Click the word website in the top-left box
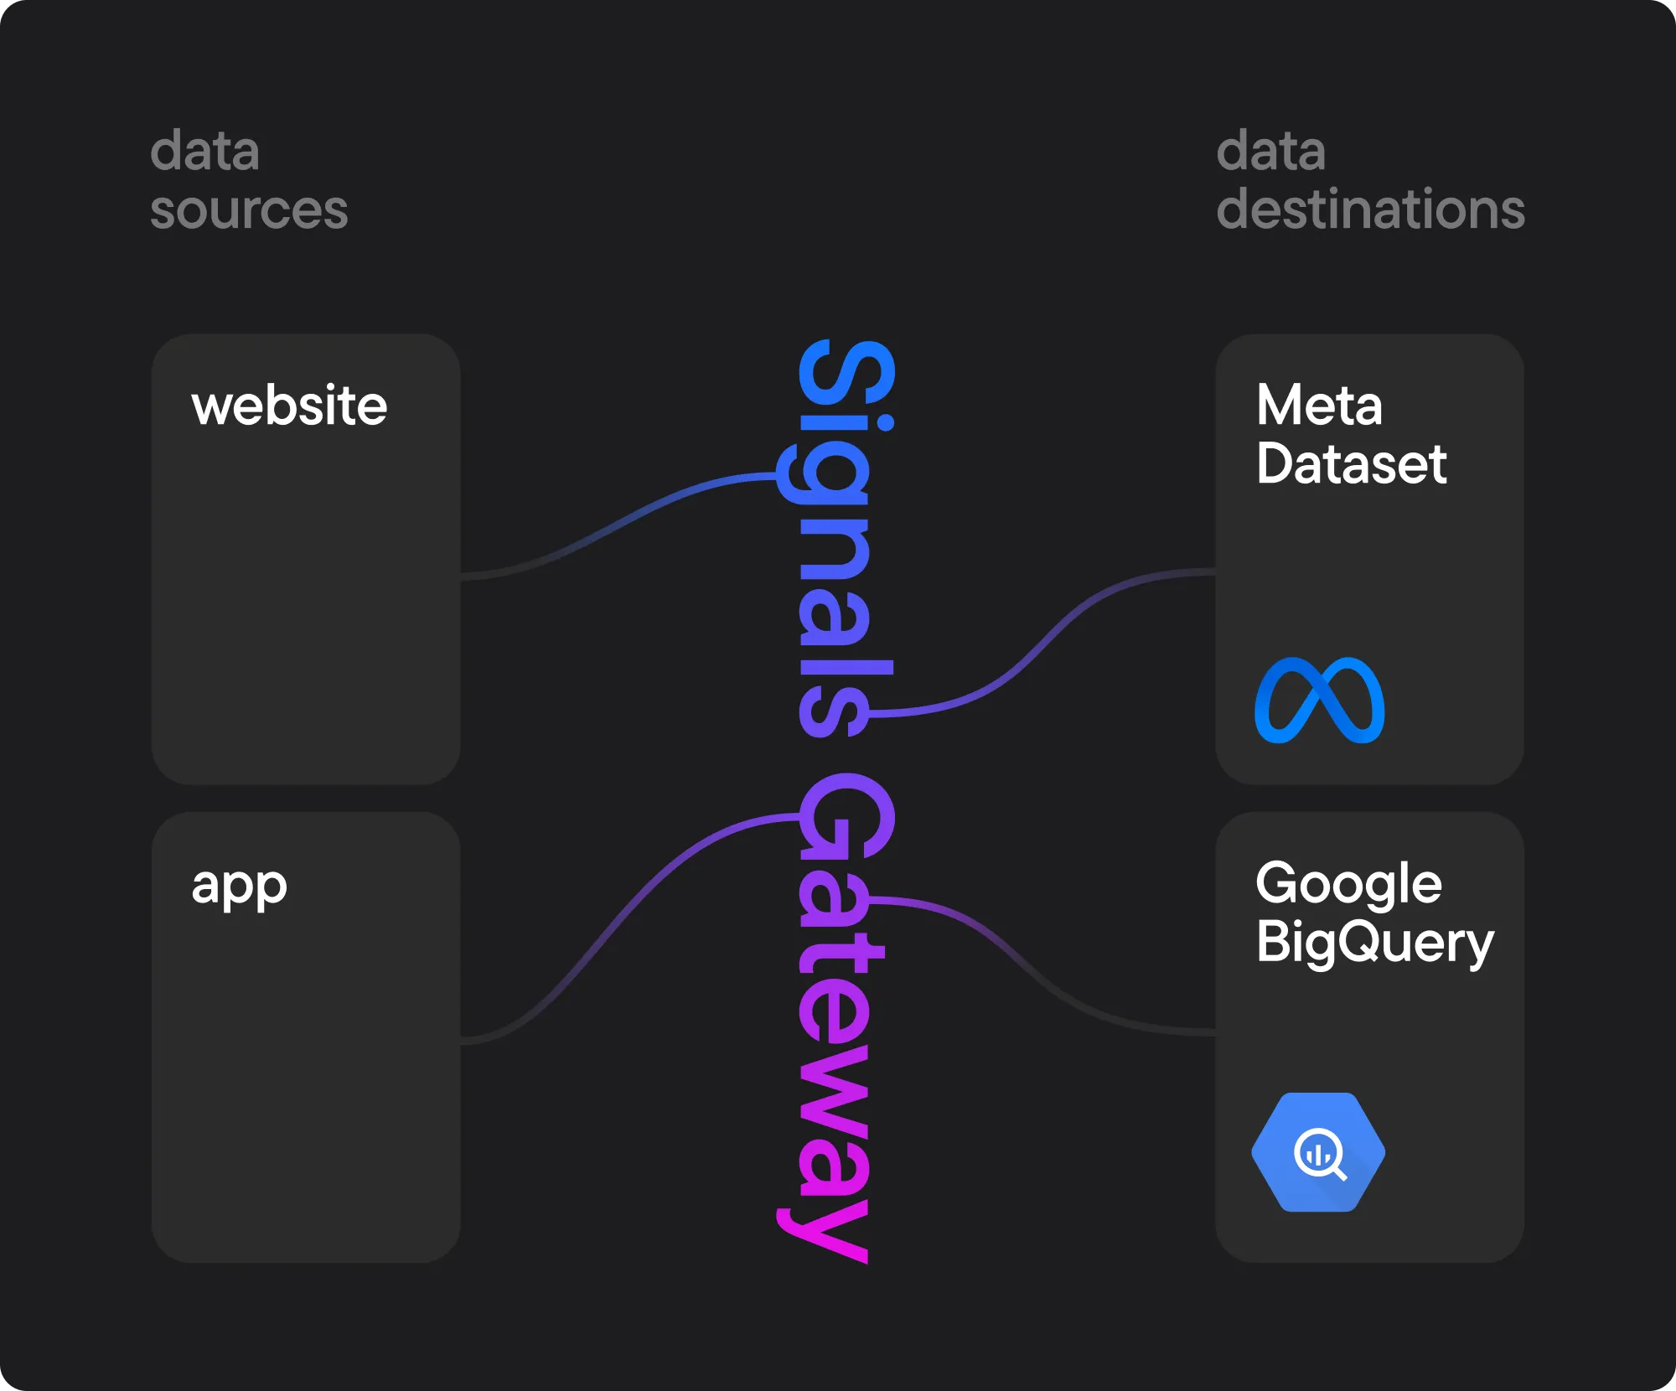pyautogui.click(x=289, y=406)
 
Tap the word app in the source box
pyautogui.click(x=239, y=887)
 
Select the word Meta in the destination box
pyautogui.click(x=1318, y=406)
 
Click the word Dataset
pyautogui.click(x=1351, y=464)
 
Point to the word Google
pyautogui.click(x=1348, y=885)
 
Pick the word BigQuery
pyautogui.click(x=1374, y=944)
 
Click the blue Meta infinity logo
pyautogui.click(x=1319, y=701)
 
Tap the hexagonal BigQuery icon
pyautogui.click(x=1317, y=1152)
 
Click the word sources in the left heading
pyautogui.click(x=249, y=209)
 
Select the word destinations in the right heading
pyautogui.click(x=1370, y=209)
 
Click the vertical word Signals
pyautogui.click(x=838, y=536)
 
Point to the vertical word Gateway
pyautogui.click(x=838, y=1014)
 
